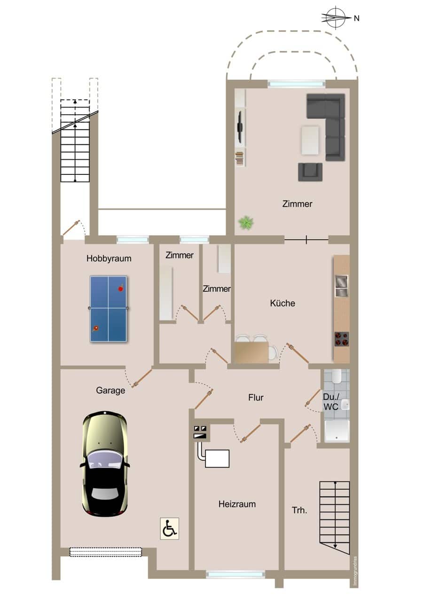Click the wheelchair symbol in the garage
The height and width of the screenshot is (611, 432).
[169, 528]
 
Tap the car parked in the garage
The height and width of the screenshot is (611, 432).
[105, 463]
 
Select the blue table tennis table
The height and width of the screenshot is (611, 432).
[108, 308]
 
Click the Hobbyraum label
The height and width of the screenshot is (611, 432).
[109, 258]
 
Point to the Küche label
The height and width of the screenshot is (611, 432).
[283, 303]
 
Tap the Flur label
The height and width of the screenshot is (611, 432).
[256, 398]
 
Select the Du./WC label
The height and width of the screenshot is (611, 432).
[331, 402]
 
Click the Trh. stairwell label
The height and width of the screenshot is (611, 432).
[299, 510]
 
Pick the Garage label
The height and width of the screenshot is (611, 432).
[110, 391]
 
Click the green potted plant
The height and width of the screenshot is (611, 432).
[246, 223]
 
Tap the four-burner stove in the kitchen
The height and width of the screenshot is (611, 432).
[342, 339]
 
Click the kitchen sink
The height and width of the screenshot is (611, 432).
[341, 286]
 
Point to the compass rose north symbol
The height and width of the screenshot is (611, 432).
[336, 18]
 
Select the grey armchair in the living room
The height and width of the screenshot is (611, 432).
[310, 172]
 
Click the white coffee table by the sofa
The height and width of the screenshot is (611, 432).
[310, 140]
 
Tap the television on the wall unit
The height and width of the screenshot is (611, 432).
[240, 126]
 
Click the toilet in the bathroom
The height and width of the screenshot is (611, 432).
[337, 376]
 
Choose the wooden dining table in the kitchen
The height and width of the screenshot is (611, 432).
[251, 352]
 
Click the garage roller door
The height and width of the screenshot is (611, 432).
[106, 552]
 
